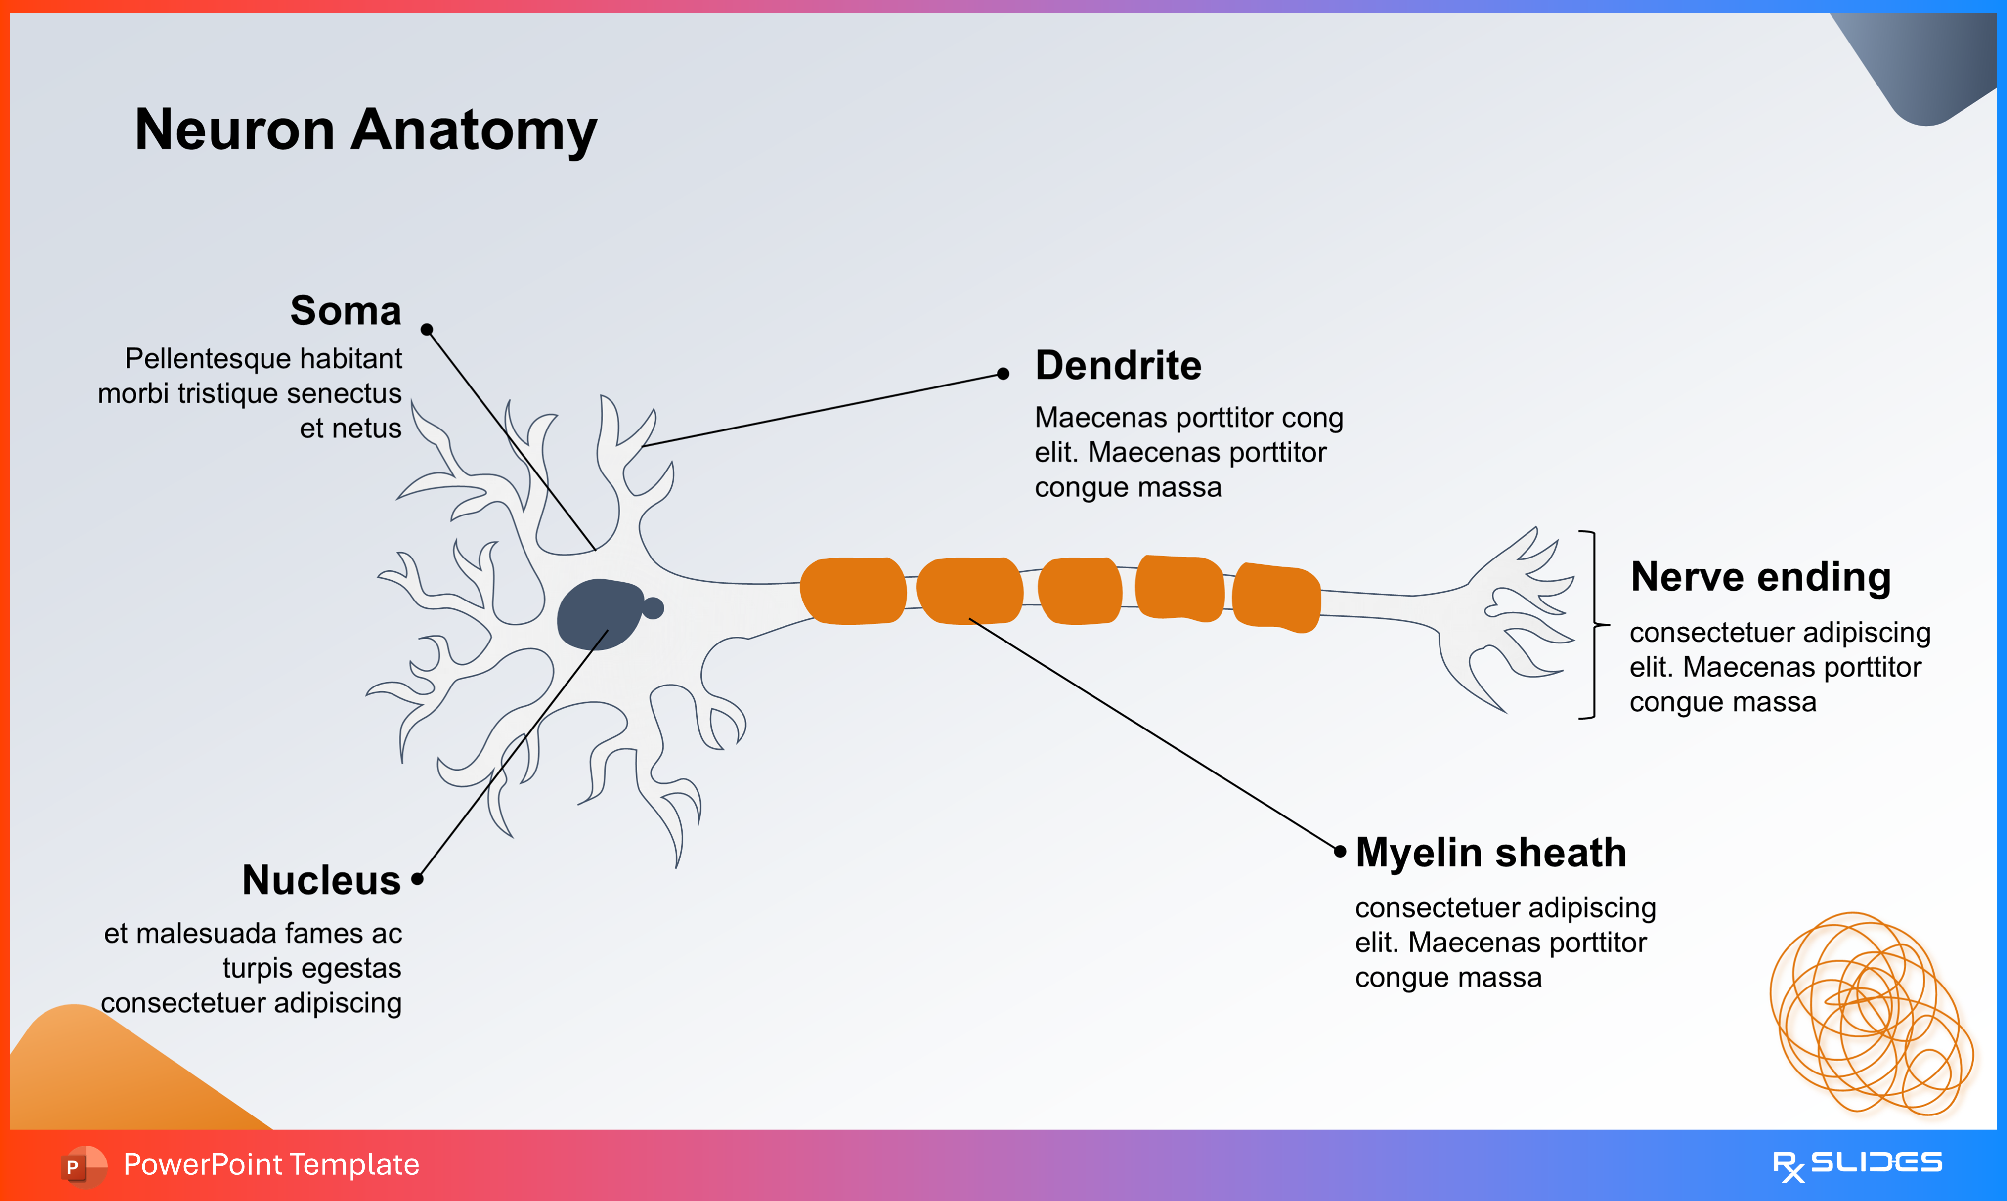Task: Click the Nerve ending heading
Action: [x=1760, y=577]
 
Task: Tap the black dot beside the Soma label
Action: [x=427, y=329]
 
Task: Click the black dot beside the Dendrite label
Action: [x=1003, y=373]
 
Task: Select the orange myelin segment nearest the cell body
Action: [x=852, y=591]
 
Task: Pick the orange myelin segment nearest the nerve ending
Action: [x=1276, y=597]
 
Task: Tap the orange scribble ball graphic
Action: [x=1870, y=1015]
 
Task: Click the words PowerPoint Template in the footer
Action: [x=271, y=1164]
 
